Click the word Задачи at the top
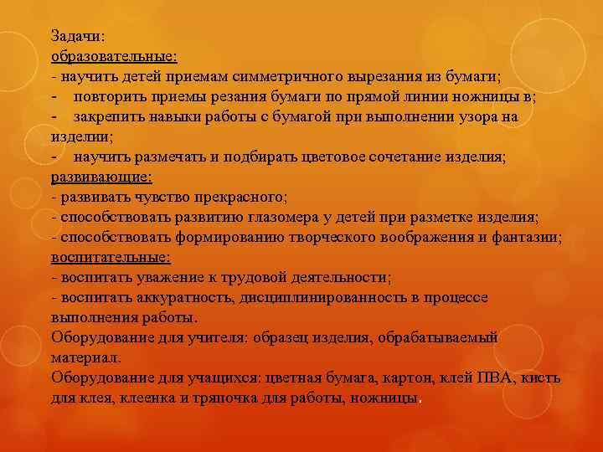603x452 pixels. click(76, 36)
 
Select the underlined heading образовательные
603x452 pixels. click(113, 56)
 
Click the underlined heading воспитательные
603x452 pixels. click(111, 257)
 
